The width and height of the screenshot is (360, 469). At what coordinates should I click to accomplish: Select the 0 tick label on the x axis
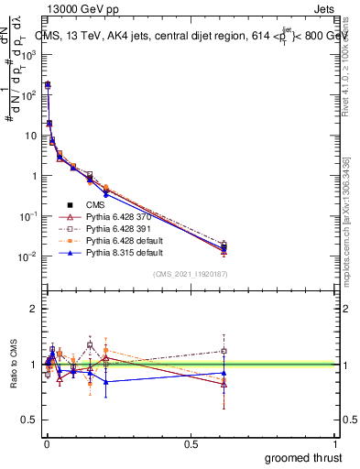47,443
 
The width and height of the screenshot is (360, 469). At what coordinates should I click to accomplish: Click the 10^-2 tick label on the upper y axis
28,256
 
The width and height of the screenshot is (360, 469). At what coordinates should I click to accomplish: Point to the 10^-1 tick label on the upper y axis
28,216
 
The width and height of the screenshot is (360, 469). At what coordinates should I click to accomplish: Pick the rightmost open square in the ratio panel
224,350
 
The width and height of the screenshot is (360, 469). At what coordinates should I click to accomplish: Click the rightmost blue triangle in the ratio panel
224,373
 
